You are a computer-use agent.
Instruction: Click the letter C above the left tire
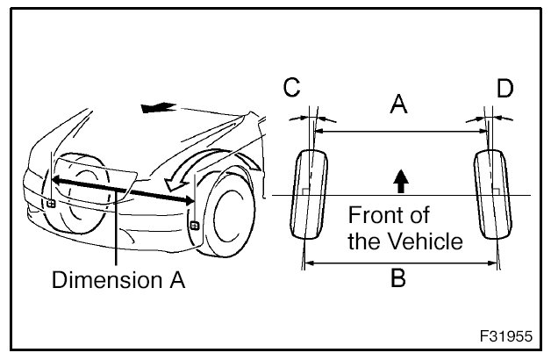point(292,90)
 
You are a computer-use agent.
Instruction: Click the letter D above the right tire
point(504,90)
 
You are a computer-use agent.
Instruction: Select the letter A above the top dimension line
point(398,106)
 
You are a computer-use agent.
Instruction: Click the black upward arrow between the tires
point(400,181)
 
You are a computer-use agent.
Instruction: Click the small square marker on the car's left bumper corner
point(51,204)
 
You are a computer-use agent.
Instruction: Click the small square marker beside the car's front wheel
point(193,227)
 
